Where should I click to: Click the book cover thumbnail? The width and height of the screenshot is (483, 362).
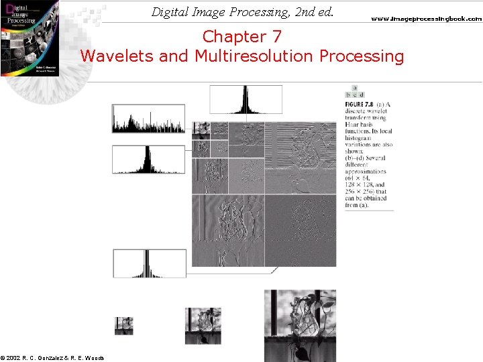coord(30,38)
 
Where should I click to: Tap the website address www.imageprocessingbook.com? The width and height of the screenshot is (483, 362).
coord(426,19)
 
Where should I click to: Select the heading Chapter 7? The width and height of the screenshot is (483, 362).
coord(242,36)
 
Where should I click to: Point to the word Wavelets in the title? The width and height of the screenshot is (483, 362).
coord(117,56)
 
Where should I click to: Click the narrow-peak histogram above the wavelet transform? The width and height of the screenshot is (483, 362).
coord(246,99)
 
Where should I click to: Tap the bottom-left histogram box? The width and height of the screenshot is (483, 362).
coord(140,263)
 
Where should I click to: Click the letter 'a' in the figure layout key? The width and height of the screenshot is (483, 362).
coord(354,88)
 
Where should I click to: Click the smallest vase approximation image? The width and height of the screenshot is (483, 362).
coord(123,326)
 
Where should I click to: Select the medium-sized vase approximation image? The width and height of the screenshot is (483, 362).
coord(203,326)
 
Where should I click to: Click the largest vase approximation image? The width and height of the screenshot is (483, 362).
coord(299,326)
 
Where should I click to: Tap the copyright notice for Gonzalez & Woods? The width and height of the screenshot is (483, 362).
coord(52,357)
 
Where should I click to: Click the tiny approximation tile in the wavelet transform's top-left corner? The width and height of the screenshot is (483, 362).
coord(197,125)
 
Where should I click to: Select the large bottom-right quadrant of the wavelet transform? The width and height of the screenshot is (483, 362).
coord(301,230)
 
